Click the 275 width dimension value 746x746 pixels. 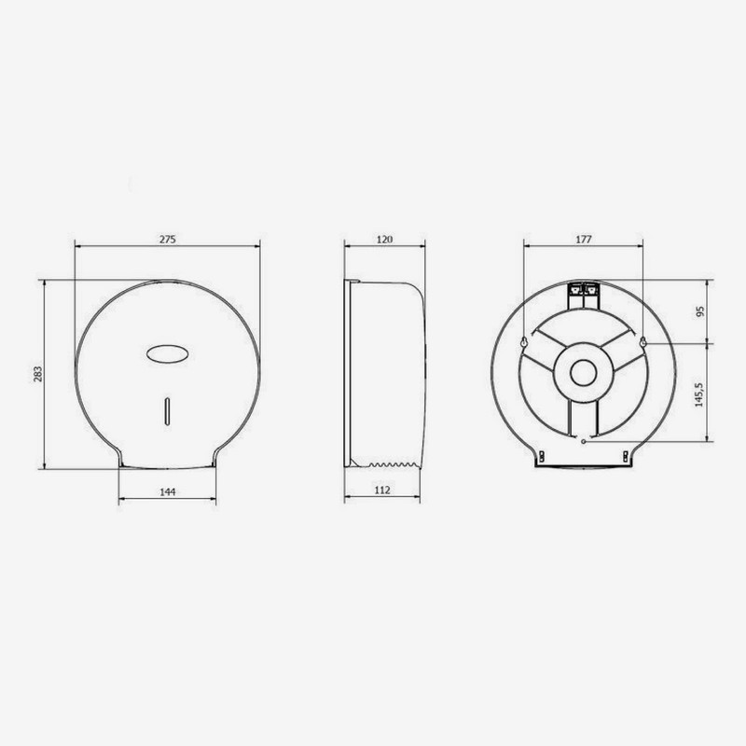(x=167, y=240)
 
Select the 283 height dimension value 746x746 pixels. (x=38, y=373)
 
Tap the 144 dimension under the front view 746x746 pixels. (x=167, y=490)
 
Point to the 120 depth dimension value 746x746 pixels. (x=385, y=240)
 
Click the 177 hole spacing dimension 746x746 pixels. (x=584, y=240)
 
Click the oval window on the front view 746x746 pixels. (x=167, y=353)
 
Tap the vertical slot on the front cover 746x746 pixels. (x=167, y=408)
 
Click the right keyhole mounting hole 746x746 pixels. (x=642, y=342)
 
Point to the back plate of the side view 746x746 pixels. (x=348, y=373)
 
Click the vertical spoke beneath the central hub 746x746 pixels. (x=584, y=418)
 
